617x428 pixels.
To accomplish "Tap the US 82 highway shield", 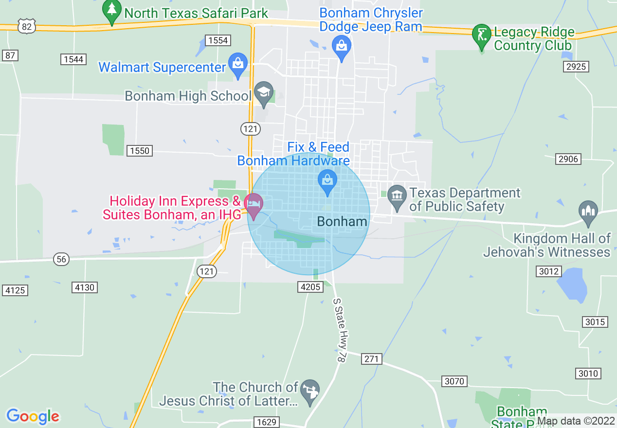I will coord(26,26).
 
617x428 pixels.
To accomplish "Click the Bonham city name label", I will coord(342,222).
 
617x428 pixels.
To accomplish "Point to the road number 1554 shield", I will coord(218,40).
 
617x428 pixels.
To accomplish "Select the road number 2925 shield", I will coord(576,66).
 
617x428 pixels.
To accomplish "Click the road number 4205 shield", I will coord(310,287).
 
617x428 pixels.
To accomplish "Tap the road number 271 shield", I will coord(372,359).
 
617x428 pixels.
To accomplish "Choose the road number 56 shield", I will coord(61,259).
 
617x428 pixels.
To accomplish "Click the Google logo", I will coord(33,416).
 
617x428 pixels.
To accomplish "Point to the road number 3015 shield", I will coord(595,322).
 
